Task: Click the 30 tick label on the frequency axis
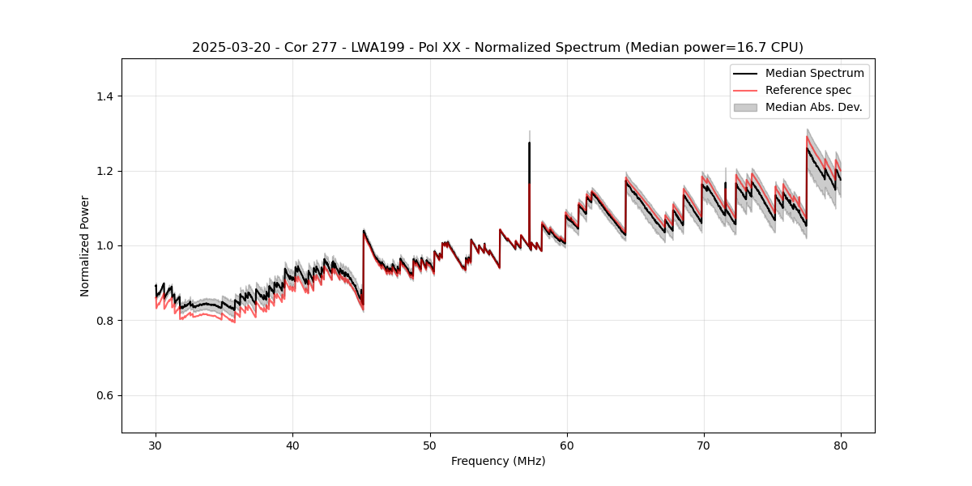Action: tap(156, 445)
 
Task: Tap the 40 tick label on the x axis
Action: tap(292, 445)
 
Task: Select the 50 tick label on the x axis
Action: tap(429, 445)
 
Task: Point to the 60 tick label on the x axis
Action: tap(566, 445)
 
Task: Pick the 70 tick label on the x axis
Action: tap(703, 445)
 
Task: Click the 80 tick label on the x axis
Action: tap(840, 445)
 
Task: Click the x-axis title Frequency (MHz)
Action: tap(498, 461)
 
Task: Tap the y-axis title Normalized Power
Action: tap(85, 245)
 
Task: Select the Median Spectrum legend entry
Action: tap(814, 73)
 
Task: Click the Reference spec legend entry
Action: tap(808, 90)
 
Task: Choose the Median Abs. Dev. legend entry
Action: tap(813, 107)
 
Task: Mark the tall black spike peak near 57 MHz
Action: tap(529, 143)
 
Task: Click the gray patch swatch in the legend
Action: tap(745, 107)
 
